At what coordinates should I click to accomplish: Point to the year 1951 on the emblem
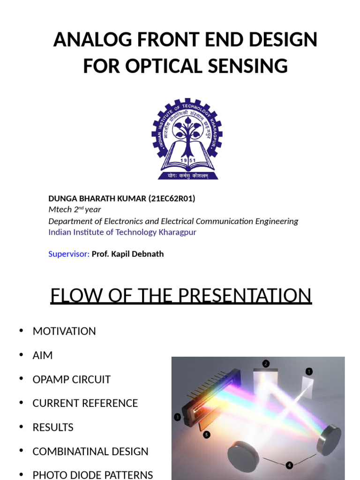[187, 160]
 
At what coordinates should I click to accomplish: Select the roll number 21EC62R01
[172, 198]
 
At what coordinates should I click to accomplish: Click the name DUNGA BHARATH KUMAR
[97, 198]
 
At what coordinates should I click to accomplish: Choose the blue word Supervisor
[68, 254]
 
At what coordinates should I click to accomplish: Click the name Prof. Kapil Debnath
[127, 254]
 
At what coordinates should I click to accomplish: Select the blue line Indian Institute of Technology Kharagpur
[122, 232]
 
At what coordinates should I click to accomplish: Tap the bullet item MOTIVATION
[64, 331]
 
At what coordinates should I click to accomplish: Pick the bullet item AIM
[43, 355]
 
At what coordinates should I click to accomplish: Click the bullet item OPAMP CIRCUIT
[71, 379]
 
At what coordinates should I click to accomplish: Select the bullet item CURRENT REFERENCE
[85, 403]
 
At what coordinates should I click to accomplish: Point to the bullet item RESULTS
[53, 427]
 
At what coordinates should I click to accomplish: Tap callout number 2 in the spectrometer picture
[266, 363]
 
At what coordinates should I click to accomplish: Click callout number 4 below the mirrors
[289, 465]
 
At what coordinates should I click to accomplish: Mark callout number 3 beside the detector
[178, 417]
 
